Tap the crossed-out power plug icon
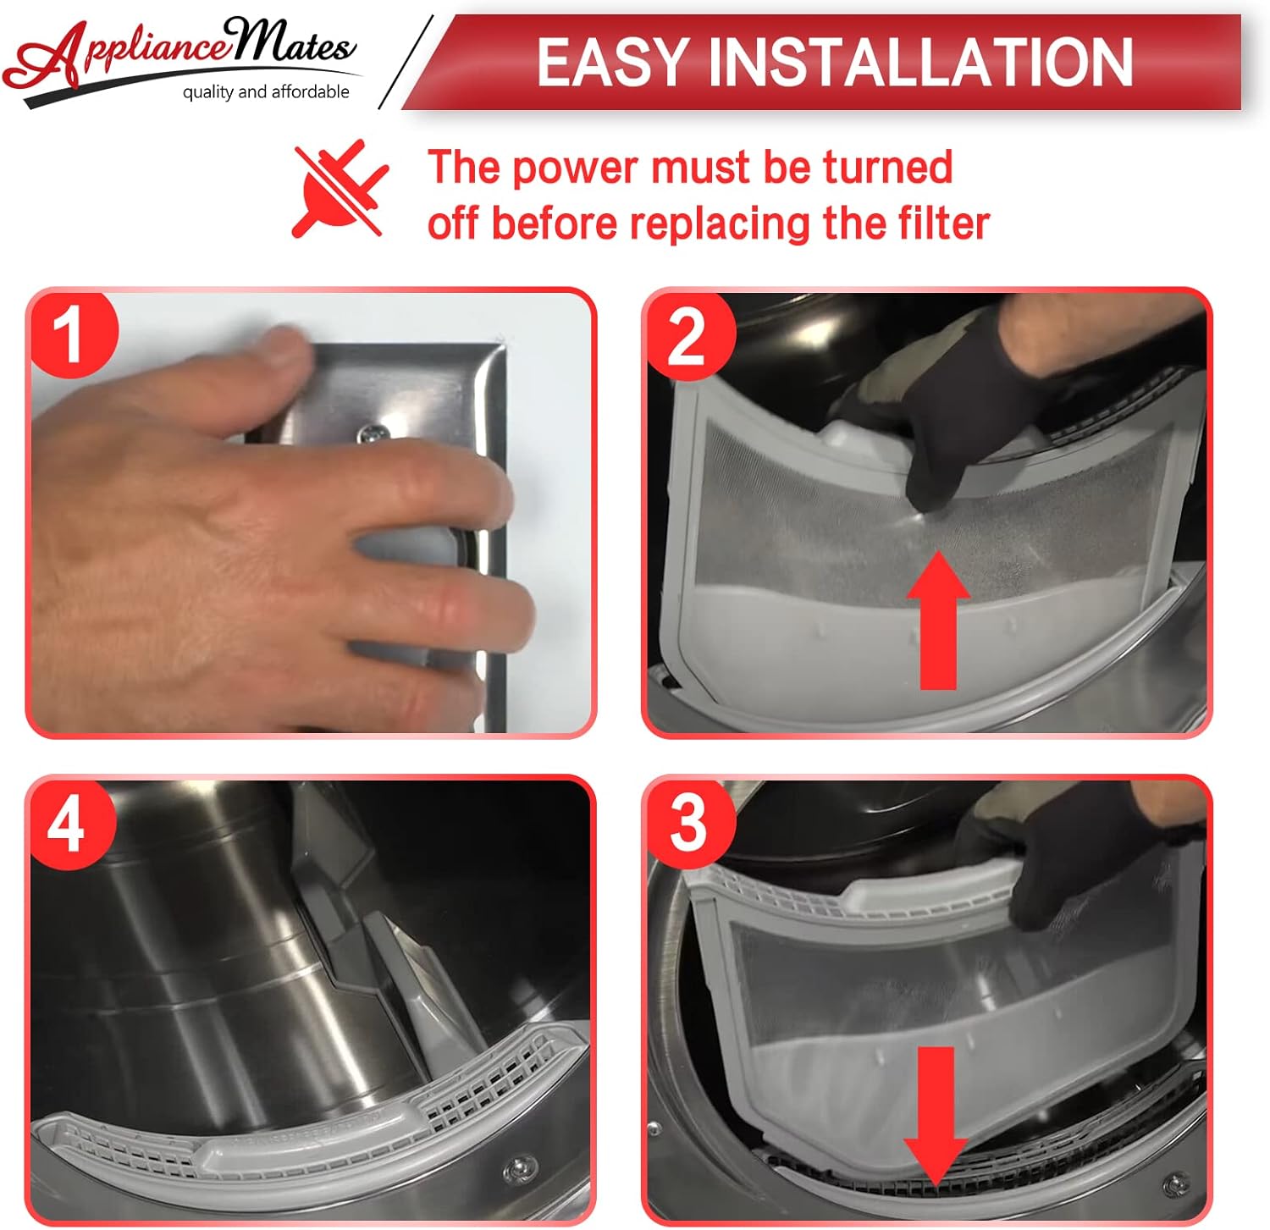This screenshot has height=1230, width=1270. point(340,190)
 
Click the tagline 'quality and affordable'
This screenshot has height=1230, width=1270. point(266,91)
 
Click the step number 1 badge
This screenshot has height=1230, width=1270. point(72,334)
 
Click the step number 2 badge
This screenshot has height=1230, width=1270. point(687,336)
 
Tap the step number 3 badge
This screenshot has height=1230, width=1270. point(687,824)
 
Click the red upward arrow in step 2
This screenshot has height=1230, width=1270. point(938,620)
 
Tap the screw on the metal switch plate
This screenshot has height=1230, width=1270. point(370,433)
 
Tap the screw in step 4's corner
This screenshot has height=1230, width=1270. point(516,1169)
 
